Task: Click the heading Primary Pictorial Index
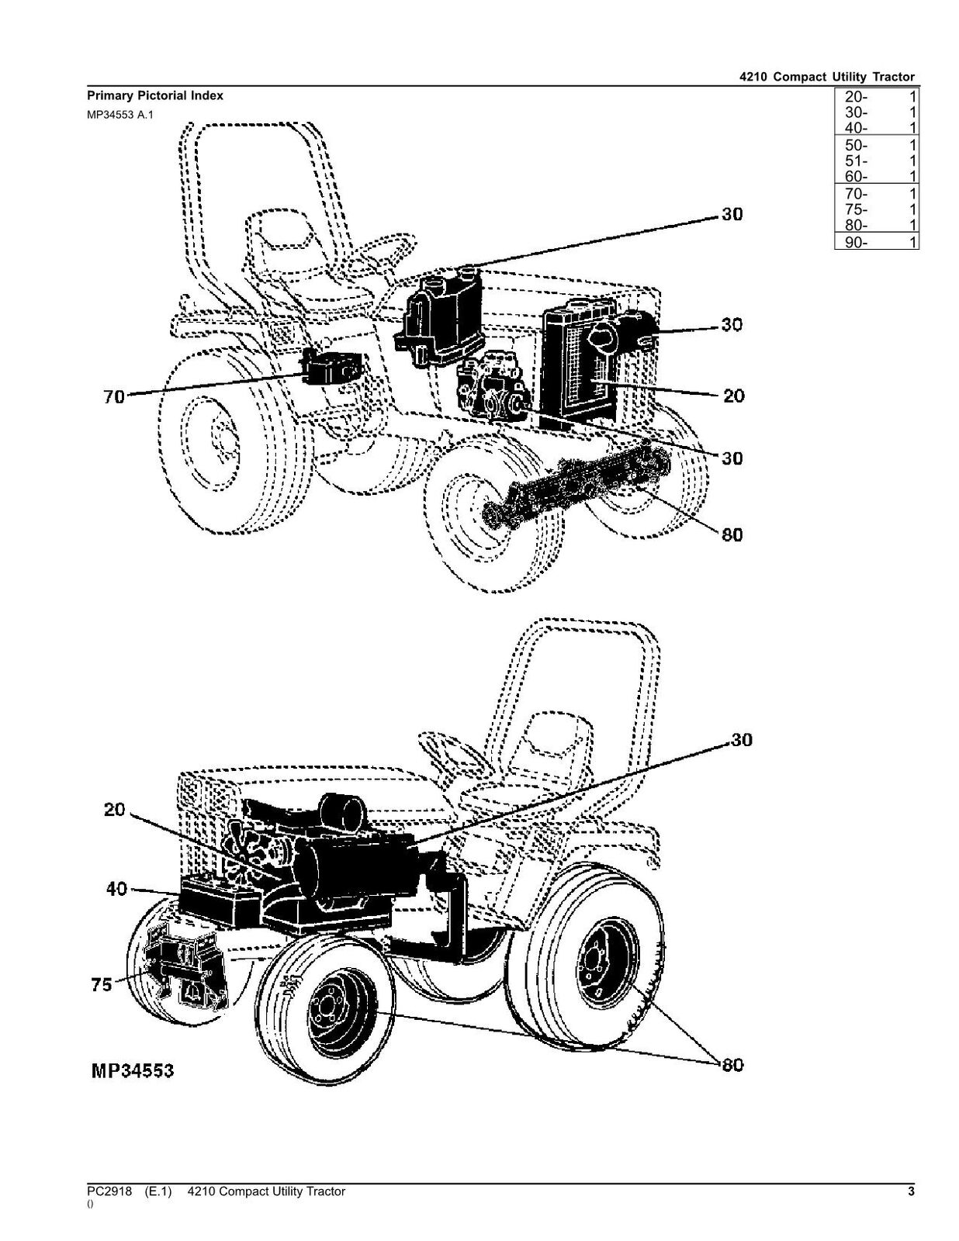154,96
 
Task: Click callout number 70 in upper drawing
114,398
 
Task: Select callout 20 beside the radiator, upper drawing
732,396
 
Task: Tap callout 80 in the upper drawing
732,535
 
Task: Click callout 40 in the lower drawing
117,890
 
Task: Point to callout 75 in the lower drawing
102,985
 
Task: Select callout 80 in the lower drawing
732,1066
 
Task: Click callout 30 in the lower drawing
742,741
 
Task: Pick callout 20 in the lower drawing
114,810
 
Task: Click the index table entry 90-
857,242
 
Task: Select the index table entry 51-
857,161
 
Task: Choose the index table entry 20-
857,97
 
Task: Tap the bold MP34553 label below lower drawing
133,1072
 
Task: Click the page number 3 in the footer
911,1191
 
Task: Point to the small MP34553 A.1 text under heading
120,114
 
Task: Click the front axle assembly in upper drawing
574,485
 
